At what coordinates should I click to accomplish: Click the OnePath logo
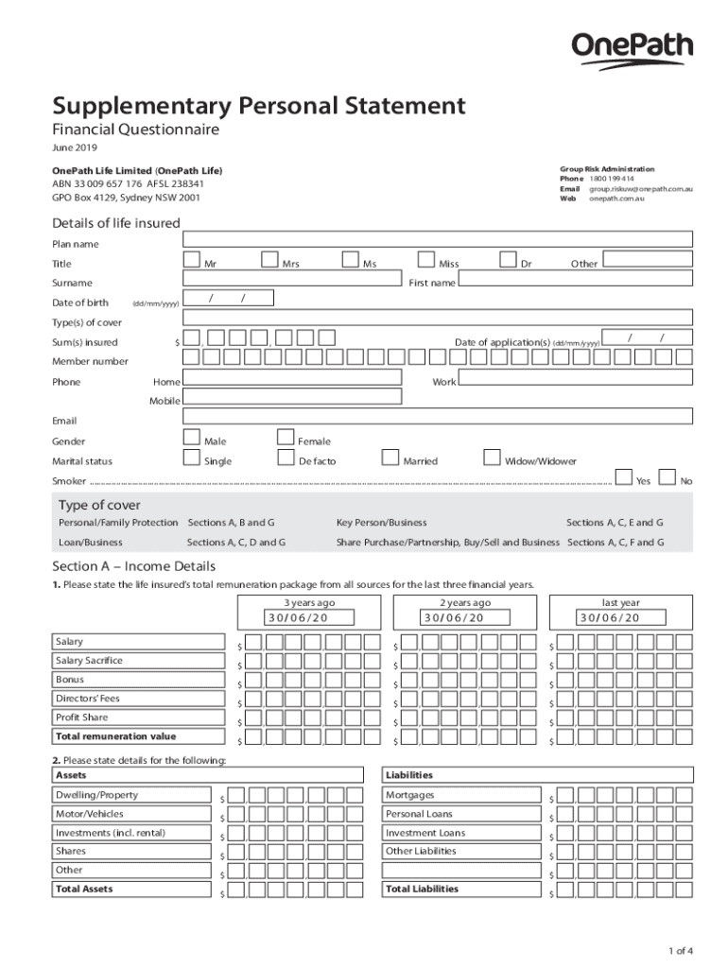point(632,50)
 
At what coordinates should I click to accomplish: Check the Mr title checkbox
point(191,260)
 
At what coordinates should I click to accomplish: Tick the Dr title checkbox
point(508,260)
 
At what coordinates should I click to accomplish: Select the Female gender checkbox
point(286,438)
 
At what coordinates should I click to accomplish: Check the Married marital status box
point(390,458)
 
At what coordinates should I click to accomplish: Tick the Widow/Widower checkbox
point(491,458)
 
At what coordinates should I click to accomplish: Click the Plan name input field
point(438,242)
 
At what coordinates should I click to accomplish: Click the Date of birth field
point(228,299)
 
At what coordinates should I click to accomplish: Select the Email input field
point(438,417)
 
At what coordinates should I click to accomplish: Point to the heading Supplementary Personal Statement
point(258,105)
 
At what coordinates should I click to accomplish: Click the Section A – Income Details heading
point(133,566)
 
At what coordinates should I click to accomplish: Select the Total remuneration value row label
point(116,736)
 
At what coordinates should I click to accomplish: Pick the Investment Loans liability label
point(425,833)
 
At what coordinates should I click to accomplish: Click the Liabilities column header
point(409,775)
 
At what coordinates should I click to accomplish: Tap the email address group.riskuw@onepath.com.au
point(641,189)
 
